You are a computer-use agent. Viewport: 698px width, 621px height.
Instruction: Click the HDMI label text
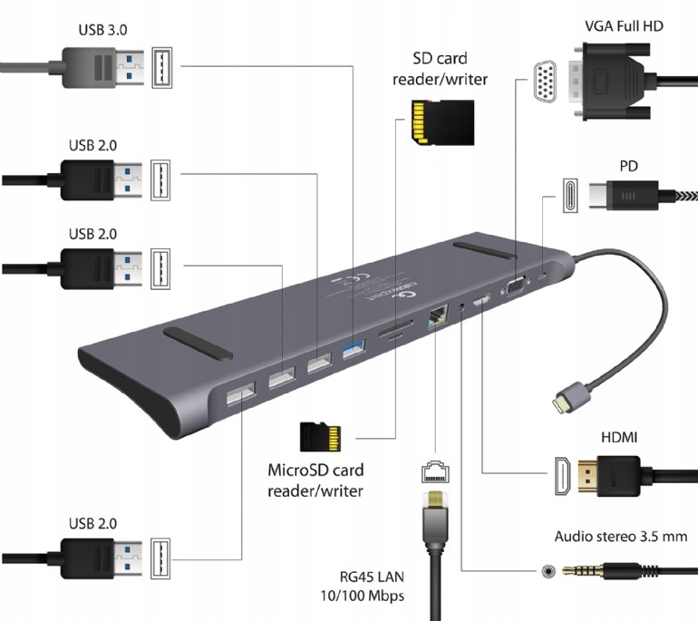[619, 438]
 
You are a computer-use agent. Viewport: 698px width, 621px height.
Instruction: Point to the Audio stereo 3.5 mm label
[621, 537]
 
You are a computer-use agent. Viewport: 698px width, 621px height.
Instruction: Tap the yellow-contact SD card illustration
[441, 121]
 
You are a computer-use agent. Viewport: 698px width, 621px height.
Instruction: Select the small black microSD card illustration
[323, 437]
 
